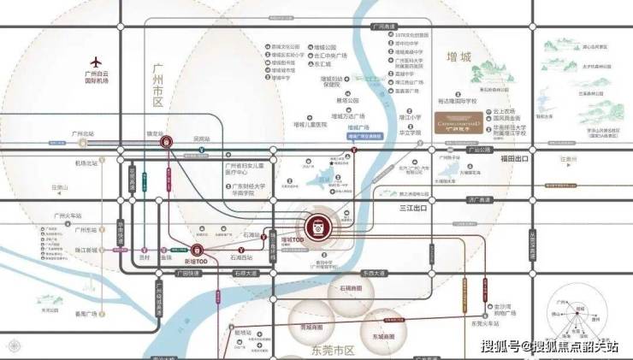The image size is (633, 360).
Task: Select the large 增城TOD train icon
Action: [x=316, y=226]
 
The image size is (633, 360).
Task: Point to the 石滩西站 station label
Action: [x=245, y=257]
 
